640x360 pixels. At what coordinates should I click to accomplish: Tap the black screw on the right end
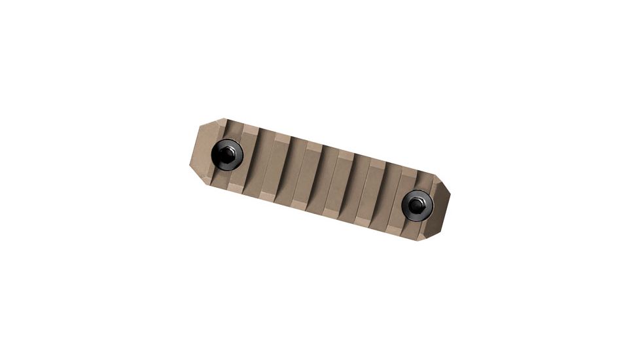(x=416, y=205)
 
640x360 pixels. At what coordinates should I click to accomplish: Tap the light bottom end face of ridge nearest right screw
(x=394, y=230)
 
